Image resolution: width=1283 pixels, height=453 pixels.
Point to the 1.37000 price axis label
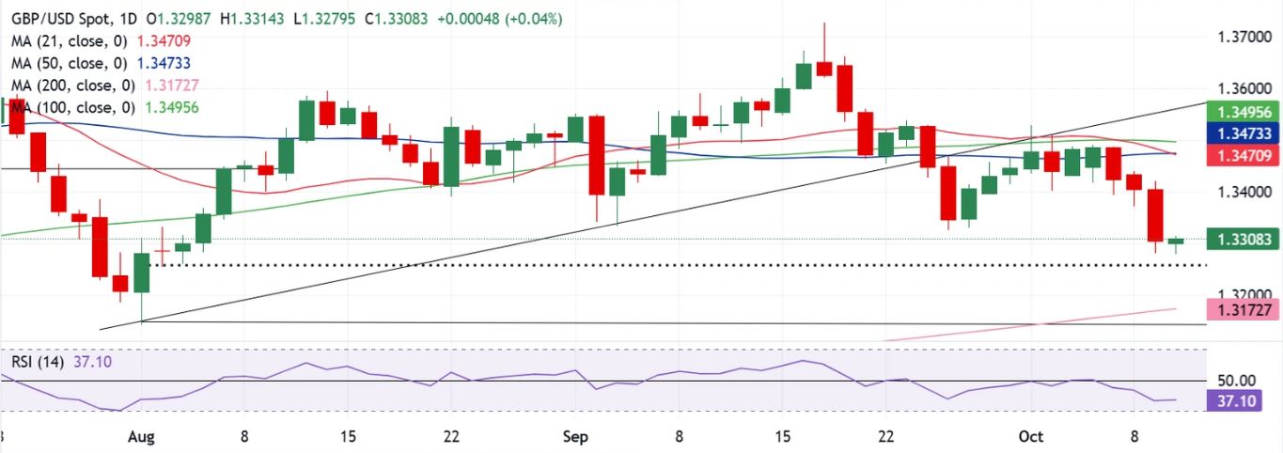1236,38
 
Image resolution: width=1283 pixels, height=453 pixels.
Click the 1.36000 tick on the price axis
1236,89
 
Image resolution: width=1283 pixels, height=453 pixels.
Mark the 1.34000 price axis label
1236,193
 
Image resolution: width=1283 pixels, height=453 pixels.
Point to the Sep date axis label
575,437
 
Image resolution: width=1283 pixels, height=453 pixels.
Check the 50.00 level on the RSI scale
1236,381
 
